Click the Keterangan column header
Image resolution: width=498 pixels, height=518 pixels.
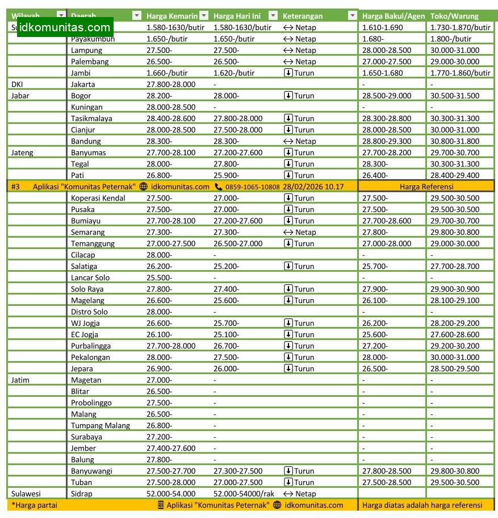303,16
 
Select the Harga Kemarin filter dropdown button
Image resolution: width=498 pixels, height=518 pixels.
204,16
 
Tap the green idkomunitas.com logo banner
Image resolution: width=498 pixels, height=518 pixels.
65,27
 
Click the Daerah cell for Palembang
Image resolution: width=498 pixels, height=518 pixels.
90,61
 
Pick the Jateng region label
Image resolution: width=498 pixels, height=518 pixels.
23,152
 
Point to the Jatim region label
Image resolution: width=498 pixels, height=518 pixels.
20,380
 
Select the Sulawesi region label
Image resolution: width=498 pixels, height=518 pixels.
26,494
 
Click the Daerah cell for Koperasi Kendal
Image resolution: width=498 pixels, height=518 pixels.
98,198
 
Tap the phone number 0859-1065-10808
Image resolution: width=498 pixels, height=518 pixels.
252,187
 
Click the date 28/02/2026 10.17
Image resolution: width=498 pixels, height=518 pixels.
313,187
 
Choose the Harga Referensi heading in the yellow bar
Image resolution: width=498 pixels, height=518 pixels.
426,187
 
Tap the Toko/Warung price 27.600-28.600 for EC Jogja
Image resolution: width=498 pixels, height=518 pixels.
455,334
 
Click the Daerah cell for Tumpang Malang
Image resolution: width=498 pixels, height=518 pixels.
101,425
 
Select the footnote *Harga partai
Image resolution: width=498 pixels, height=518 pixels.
34,505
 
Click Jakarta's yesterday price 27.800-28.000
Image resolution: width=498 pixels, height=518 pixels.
171,84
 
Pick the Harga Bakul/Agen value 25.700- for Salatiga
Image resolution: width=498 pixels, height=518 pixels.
375,266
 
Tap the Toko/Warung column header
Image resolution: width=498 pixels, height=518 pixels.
454,16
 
